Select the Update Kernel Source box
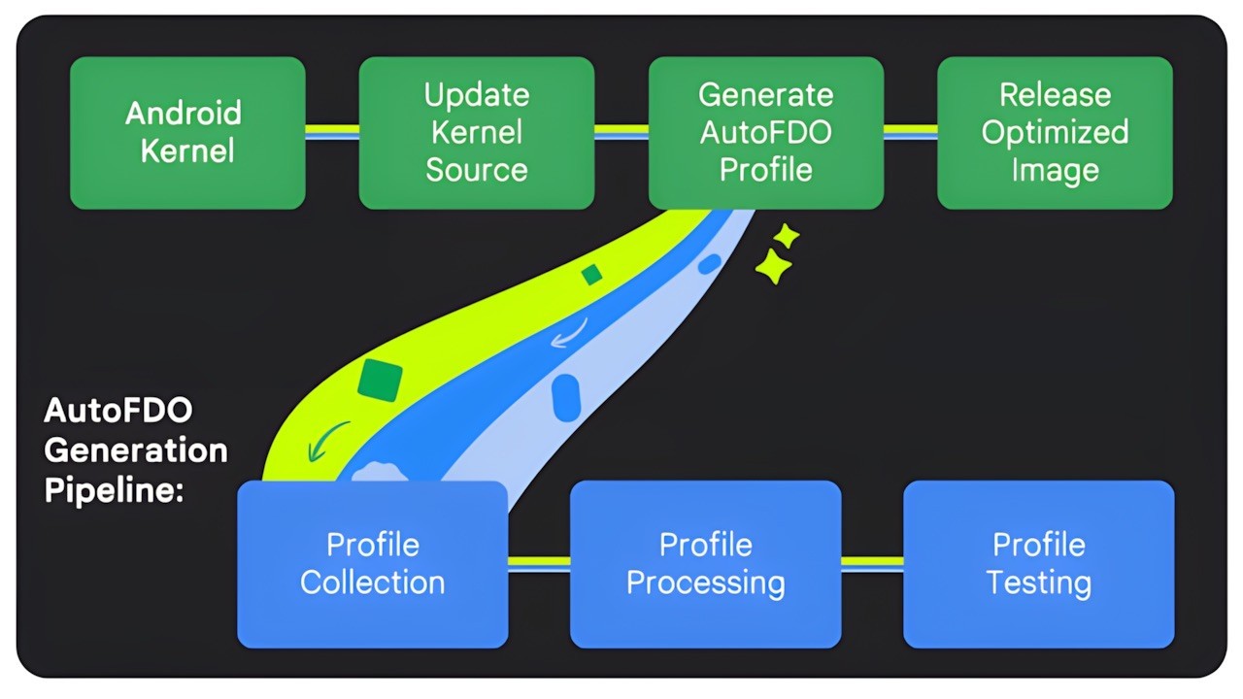[477, 133]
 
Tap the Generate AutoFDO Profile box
[765, 133]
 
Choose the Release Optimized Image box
[1055, 133]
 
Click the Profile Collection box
[372, 564]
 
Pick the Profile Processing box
[705, 564]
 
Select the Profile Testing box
[1038, 564]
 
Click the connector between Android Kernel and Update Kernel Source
[332, 132]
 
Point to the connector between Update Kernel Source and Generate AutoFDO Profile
[621, 132]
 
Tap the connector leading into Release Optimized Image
[910, 132]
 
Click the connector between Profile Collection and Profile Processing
[539, 563]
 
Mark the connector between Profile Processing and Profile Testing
[872, 563]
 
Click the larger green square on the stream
[380, 380]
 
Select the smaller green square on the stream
[591, 276]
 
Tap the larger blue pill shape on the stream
[566, 397]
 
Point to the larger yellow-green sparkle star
[773, 267]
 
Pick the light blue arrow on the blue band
[568, 334]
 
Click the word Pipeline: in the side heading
[114, 489]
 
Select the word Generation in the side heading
[136, 450]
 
